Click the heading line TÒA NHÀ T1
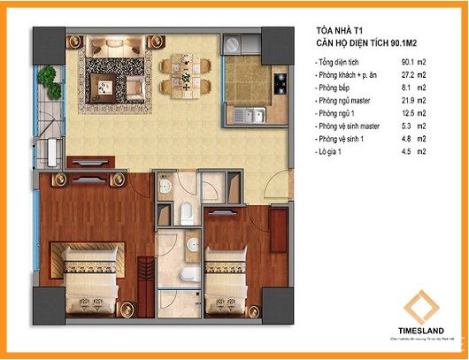(342, 29)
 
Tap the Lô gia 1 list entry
(334, 153)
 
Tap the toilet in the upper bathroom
(189, 211)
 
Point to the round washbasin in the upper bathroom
(165, 189)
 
